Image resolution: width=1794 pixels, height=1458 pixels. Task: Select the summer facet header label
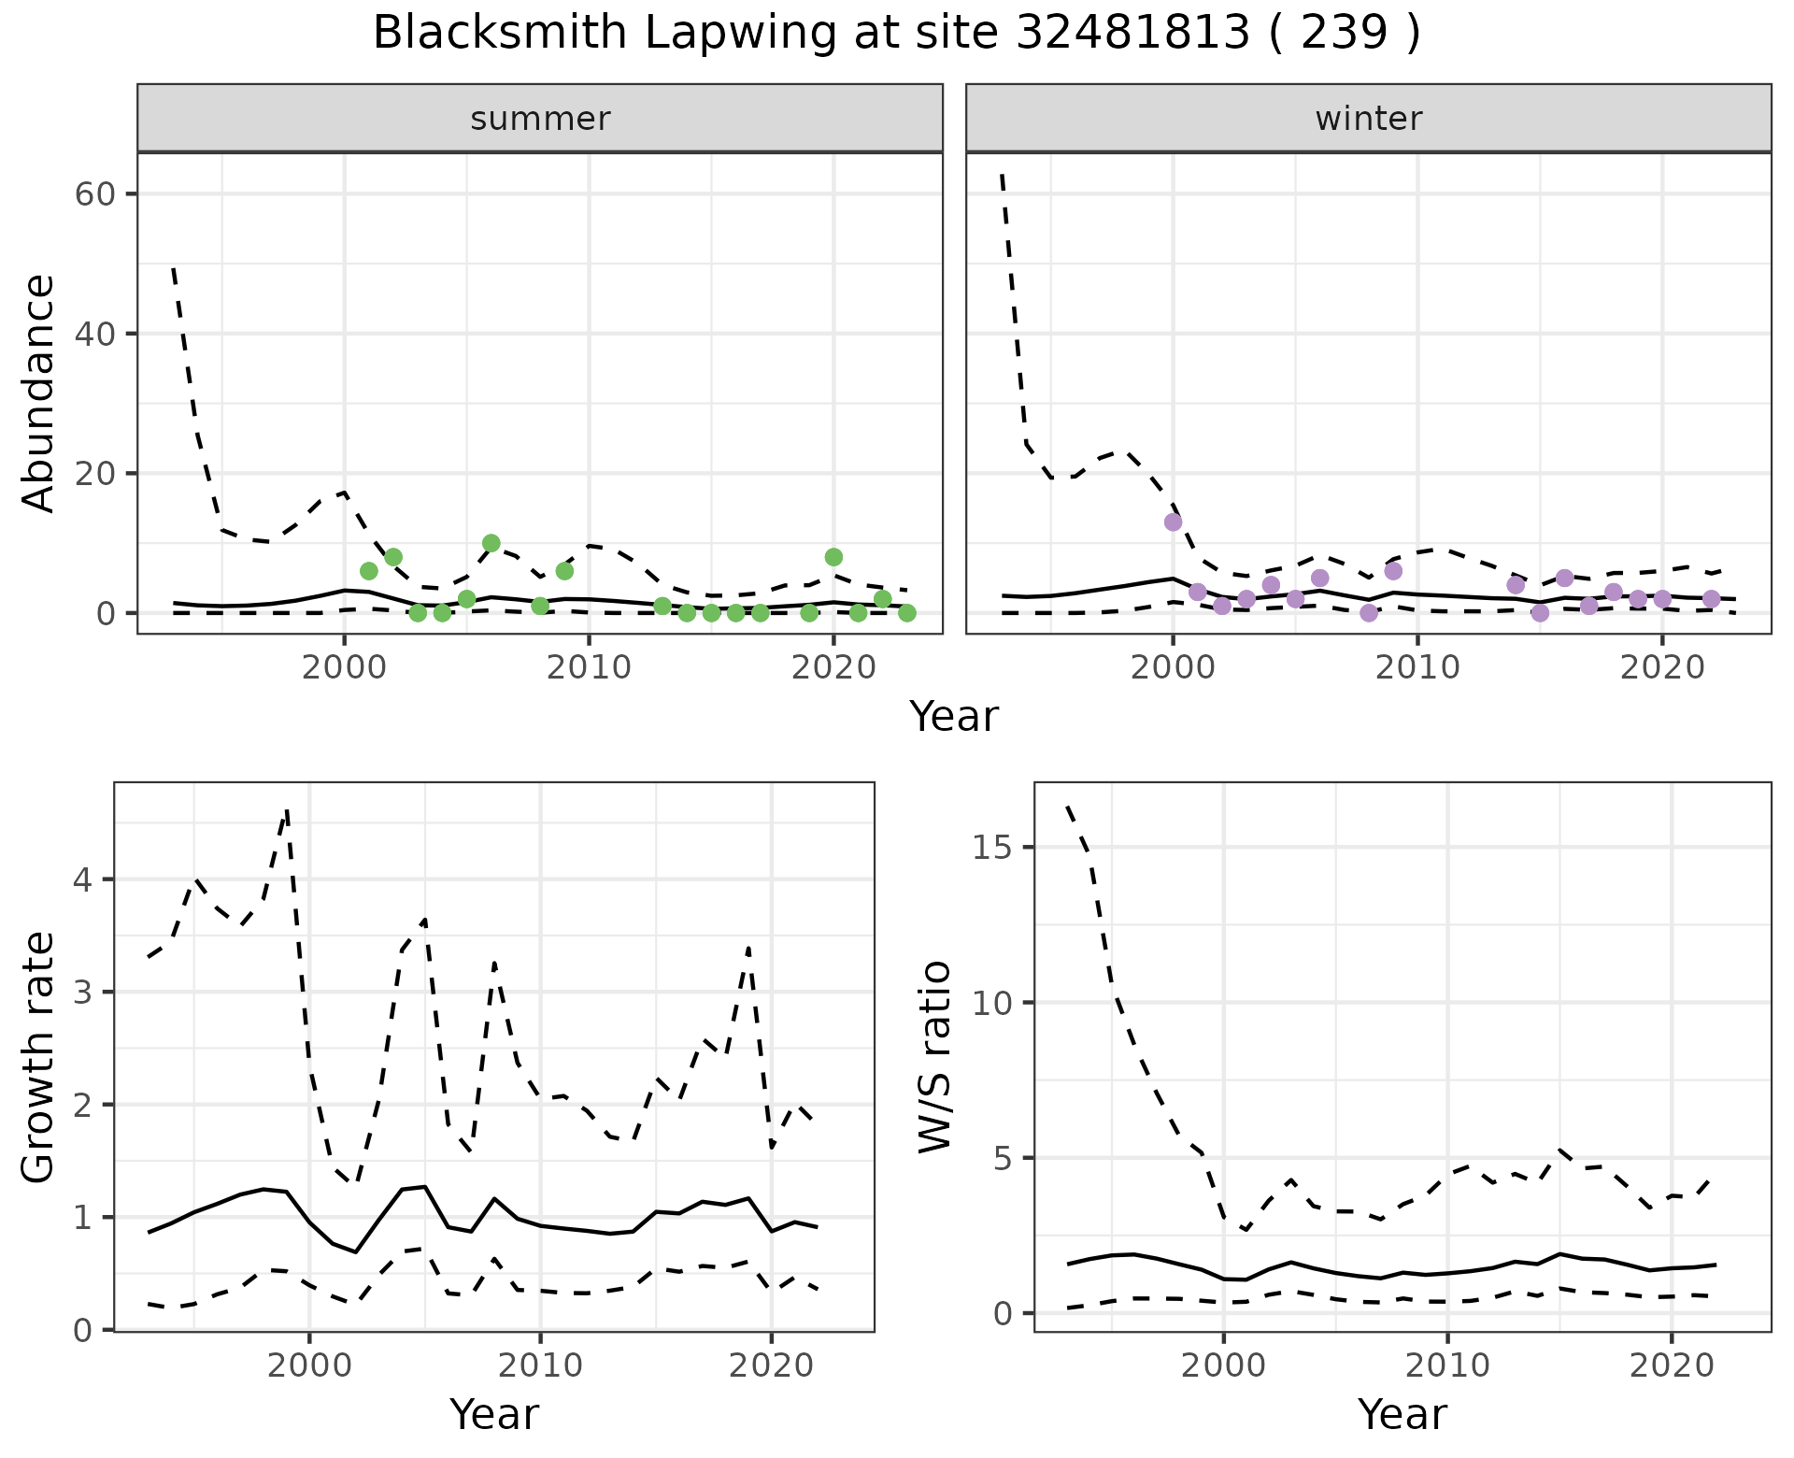(540, 119)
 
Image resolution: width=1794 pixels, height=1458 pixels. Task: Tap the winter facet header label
(1368, 119)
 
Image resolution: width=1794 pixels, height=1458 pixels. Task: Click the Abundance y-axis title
(39, 393)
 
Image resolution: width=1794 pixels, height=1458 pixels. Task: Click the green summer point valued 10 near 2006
(491, 543)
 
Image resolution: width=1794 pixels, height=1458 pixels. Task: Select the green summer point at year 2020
(833, 557)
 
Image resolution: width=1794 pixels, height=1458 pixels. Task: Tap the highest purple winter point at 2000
(1173, 522)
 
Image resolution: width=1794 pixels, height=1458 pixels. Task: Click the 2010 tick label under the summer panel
(589, 668)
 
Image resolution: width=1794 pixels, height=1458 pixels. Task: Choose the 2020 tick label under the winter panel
(1662, 668)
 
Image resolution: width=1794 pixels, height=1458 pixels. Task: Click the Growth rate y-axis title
(39, 1058)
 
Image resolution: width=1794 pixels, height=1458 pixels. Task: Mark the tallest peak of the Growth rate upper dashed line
(287, 809)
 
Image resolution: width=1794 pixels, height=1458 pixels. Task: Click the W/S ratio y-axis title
(934, 1058)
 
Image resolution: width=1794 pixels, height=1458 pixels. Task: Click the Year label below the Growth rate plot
(494, 1414)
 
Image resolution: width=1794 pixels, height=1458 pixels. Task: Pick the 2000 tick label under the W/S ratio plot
(1223, 1365)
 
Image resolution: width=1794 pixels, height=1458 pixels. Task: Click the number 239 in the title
(1344, 34)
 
